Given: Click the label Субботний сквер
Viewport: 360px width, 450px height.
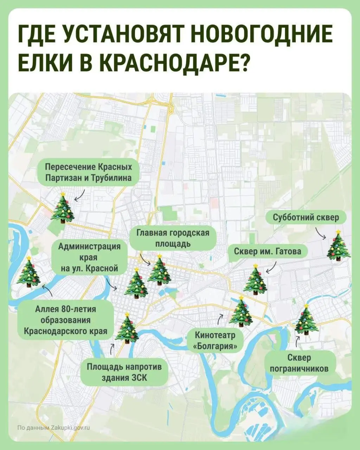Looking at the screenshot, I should (306, 217).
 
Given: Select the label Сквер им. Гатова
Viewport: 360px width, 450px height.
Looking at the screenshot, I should (268, 251).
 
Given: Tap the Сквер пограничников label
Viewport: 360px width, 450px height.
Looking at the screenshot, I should (299, 363).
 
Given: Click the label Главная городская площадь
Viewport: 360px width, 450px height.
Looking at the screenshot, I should (173, 238).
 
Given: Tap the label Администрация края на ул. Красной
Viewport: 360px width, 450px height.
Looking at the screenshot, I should (89, 258).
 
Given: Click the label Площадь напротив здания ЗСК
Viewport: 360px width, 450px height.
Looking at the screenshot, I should (124, 372).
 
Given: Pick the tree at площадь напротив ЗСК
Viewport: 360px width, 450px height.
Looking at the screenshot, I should (127, 328).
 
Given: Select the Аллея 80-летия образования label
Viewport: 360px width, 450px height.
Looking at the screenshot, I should (66, 320).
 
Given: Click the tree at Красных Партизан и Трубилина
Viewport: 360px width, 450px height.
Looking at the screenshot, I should (63, 208).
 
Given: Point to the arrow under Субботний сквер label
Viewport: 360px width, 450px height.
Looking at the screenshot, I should (320, 233).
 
